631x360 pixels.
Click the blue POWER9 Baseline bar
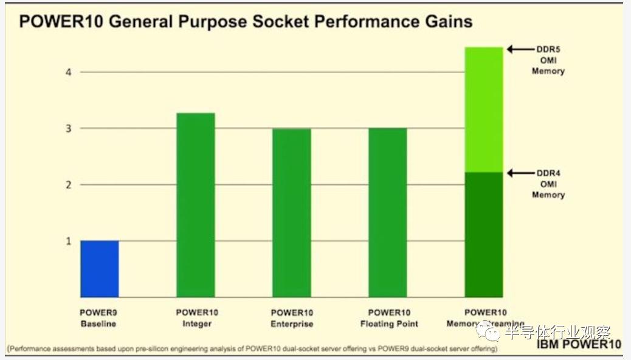coord(99,269)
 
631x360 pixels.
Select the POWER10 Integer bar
coord(196,205)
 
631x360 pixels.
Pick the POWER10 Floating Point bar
coord(388,213)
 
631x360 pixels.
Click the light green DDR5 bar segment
coord(484,109)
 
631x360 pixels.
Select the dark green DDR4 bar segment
coord(484,235)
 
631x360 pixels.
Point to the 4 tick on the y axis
coord(68,72)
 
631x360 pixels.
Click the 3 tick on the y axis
coord(68,128)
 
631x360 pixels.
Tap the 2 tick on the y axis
coord(68,185)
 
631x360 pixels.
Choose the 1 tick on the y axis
coord(68,241)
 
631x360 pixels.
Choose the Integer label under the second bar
coord(197,324)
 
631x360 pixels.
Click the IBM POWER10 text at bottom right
coord(579,344)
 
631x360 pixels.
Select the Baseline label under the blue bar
coord(98,324)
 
